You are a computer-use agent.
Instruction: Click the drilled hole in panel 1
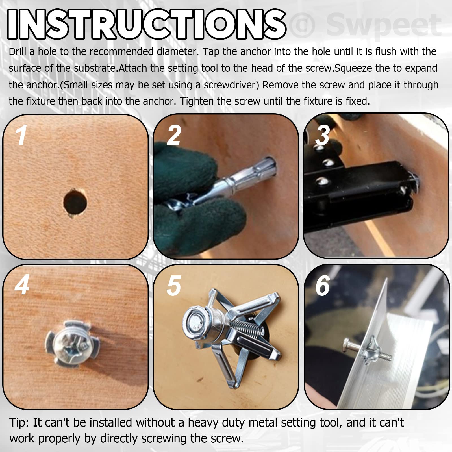point(75,202)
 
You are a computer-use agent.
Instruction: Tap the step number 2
point(174,135)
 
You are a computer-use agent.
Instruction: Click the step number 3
point(323,135)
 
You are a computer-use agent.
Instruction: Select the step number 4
point(22,285)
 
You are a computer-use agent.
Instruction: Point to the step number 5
point(174,286)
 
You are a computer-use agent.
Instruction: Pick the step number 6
point(323,286)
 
